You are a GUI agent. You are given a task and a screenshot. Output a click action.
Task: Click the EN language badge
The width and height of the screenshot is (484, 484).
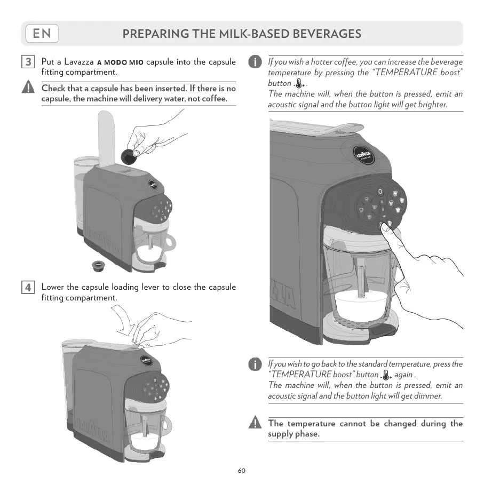(x=42, y=34)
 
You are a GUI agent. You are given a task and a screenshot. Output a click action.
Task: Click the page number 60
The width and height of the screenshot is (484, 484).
(x=242, y=471)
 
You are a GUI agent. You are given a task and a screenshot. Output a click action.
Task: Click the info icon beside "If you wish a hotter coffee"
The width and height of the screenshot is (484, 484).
(x=256, y=62)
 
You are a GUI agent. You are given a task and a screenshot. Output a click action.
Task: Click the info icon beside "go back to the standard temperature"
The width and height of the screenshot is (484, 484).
(x=256, y=364)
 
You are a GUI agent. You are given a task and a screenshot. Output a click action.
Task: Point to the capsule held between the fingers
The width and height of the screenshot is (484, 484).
(x=129, y=156)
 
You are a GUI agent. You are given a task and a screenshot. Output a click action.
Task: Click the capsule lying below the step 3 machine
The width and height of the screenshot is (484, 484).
(x=98, y=265)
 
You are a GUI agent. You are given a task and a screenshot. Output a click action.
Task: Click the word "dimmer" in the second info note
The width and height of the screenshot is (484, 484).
(x=427, y=396)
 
